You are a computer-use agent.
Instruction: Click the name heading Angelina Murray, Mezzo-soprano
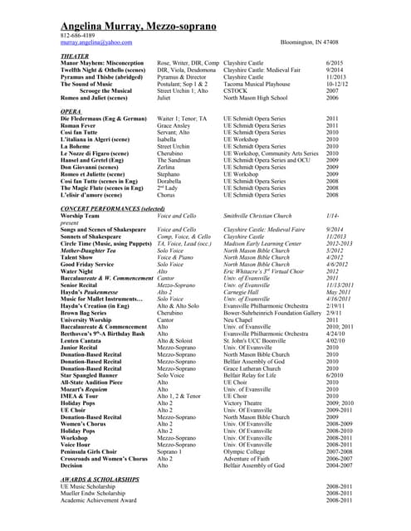[x=141, y=27]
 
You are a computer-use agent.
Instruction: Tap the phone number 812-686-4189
[x=78, y=36]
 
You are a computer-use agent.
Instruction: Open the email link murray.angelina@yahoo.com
[x=96, y=41]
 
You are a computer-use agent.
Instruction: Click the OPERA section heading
[x=71, y=110]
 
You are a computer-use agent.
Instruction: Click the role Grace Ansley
[x=177, y=125]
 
